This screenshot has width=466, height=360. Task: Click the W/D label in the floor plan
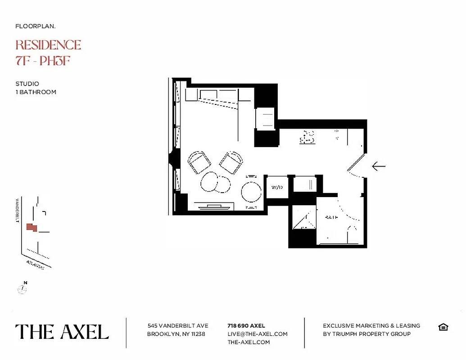pos(276,187)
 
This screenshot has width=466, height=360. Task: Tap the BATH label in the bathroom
pos(331,217)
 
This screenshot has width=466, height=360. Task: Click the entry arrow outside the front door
pos(379,166)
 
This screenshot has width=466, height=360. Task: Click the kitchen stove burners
pos(308,137)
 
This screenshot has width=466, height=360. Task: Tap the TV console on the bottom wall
pos(214,207)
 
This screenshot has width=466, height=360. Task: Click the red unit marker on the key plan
pos(31,227)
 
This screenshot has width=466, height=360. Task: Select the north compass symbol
pos(23,288)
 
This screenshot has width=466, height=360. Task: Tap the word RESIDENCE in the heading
pos(48,45)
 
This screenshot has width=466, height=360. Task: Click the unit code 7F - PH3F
pos(43,61)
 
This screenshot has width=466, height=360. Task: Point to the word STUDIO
pos(27,84)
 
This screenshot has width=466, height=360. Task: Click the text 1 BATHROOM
pos(36,92)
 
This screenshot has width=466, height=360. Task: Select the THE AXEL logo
pos(62,332)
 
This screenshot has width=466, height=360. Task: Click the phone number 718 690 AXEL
pos(246,325)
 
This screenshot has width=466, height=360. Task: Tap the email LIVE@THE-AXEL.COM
pos(258,334)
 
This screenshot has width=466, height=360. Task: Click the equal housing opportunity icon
pos(443,327)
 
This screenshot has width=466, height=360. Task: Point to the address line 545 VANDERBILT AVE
pos(178,325)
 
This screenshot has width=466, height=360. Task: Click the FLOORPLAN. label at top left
pos(36,26)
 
